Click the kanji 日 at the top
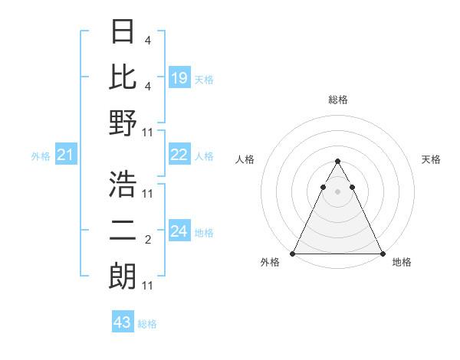click(123, 31)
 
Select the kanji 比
click(123, 76)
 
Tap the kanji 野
click(123, 123)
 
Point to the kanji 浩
click(123, 184)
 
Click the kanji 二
click(123, 230)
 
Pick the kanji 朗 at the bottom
click(123, 275)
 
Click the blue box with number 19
click(179, 77)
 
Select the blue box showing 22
click(179, 155)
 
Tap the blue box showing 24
click(179, 231)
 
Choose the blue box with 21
click(65, 155)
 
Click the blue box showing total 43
click(122, 322)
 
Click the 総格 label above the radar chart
click(338, 100)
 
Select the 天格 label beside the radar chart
click(432, 159)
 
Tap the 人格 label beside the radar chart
click(246, 159)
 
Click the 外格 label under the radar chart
click(270, 263)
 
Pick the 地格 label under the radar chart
click(402, 263)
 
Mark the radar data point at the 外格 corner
click(293, 254)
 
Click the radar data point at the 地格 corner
click(383, 254)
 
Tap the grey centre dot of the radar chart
click(337, 191)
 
